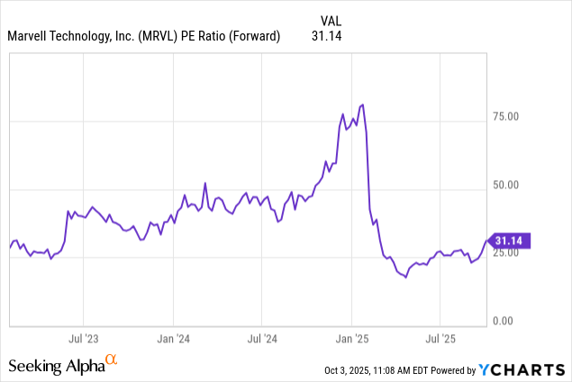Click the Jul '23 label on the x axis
click(83, 340)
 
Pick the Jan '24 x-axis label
click(172, 340)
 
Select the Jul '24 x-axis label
click(261, 340)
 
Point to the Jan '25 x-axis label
click(350, 340)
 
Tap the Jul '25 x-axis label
click(439, 340)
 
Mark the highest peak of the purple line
click(362, 105)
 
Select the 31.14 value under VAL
click(327, 36)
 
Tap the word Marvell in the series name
click(32, 36)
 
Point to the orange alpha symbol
click(111, 360)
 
